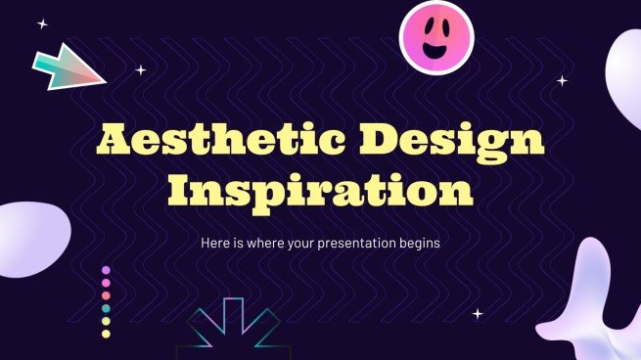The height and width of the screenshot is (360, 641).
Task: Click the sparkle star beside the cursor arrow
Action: point(140,69)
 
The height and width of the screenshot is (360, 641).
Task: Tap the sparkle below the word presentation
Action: point(478,313)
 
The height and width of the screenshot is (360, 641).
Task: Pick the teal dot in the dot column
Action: point(106,308)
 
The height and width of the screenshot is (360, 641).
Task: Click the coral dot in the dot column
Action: point(106,295)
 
